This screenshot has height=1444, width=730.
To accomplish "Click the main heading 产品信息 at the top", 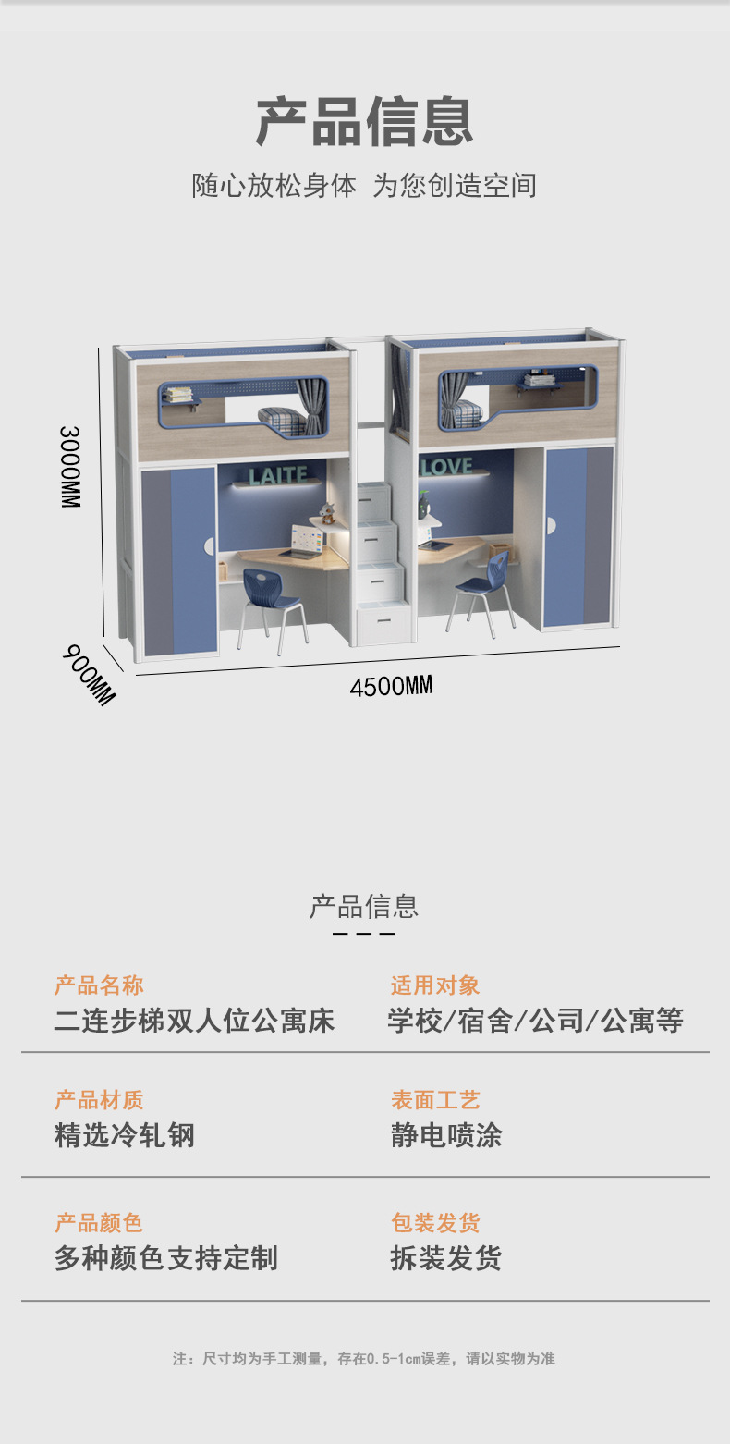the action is click(x=364, y=121).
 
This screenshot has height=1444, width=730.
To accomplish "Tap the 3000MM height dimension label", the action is click(x=71, y=466).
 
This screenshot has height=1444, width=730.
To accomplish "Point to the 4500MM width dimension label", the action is click(x=391, y=686).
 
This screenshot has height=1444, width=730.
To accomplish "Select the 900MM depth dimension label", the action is click(x=90, y=675).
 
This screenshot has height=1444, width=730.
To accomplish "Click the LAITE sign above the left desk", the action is click(x=277, y=475).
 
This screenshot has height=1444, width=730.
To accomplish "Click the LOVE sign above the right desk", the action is click(x=446, y=467).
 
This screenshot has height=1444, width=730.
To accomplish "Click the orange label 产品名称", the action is click(x=99, y=985).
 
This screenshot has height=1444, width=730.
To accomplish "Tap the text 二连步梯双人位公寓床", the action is click(x=194, y=1021).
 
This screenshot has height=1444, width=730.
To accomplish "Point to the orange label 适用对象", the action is click(x=435, y=985).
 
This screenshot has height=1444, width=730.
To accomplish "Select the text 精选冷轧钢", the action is click(x=125, y=1135).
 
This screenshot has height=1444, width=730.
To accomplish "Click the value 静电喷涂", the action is click(x=446, y=1135).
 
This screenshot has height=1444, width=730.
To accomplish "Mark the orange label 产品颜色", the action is click(x=99, y=1223).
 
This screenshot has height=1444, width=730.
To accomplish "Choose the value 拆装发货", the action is click(x=446, y=1258).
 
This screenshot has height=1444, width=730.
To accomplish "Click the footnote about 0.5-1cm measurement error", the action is click(x=364, y=1358).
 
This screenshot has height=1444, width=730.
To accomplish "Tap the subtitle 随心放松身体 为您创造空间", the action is click(x=364, y=185).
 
